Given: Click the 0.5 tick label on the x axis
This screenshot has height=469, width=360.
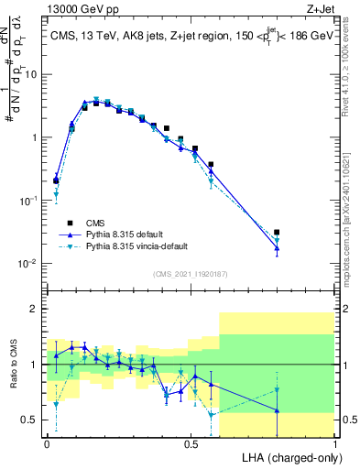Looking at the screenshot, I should (191, 442).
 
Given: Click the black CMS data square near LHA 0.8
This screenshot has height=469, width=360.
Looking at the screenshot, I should (277, 233).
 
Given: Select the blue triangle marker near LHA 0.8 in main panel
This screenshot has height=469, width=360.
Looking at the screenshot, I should (277, 248).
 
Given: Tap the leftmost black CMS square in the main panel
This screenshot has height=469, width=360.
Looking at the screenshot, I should (56, 180).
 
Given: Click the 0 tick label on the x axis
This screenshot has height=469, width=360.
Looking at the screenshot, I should (47, 442).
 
